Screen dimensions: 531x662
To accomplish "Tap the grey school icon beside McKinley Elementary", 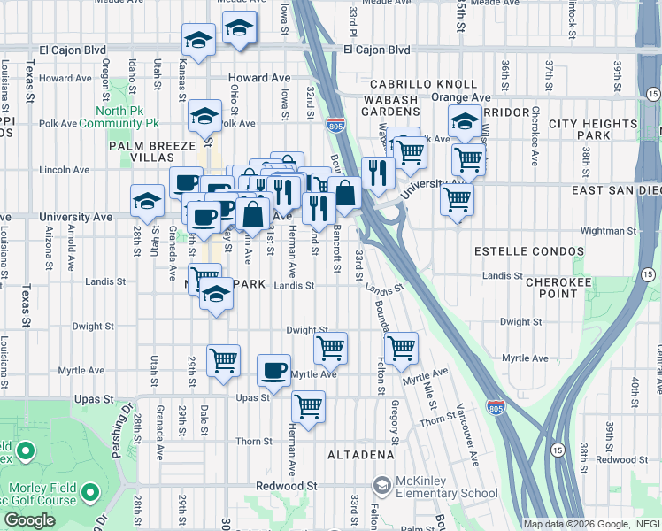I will click(x=381, y=486).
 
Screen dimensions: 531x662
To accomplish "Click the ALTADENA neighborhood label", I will click(x=360, y=455).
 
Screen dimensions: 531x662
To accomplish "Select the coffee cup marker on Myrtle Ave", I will click(x=274, y=369).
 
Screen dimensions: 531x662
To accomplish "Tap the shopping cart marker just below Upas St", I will click(x=308, y=407).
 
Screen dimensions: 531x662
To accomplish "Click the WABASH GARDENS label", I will click(x=389, y=106).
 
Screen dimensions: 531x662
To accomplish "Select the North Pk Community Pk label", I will click(x=128, y=118).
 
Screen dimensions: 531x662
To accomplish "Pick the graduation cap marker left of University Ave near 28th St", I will click(x=147, y=200).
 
